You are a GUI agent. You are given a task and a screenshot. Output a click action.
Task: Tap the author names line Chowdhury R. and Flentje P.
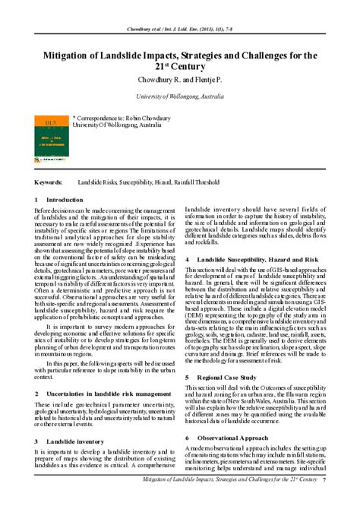[x=179, y=80]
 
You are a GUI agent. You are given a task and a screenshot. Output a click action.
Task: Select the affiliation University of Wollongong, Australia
[x=179, y=97]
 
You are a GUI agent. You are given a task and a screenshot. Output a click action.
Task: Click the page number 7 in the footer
[x=324, y=502]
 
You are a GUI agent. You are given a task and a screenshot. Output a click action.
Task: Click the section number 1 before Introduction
[x=36, y=199]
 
